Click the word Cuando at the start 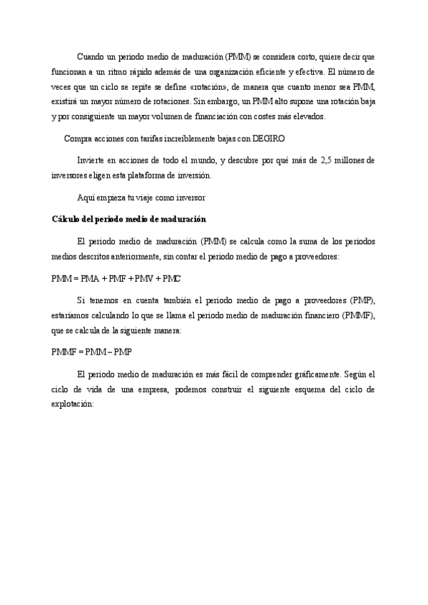pos(91,56)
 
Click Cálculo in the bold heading pos(67,218)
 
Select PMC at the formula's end pos(172,278)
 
